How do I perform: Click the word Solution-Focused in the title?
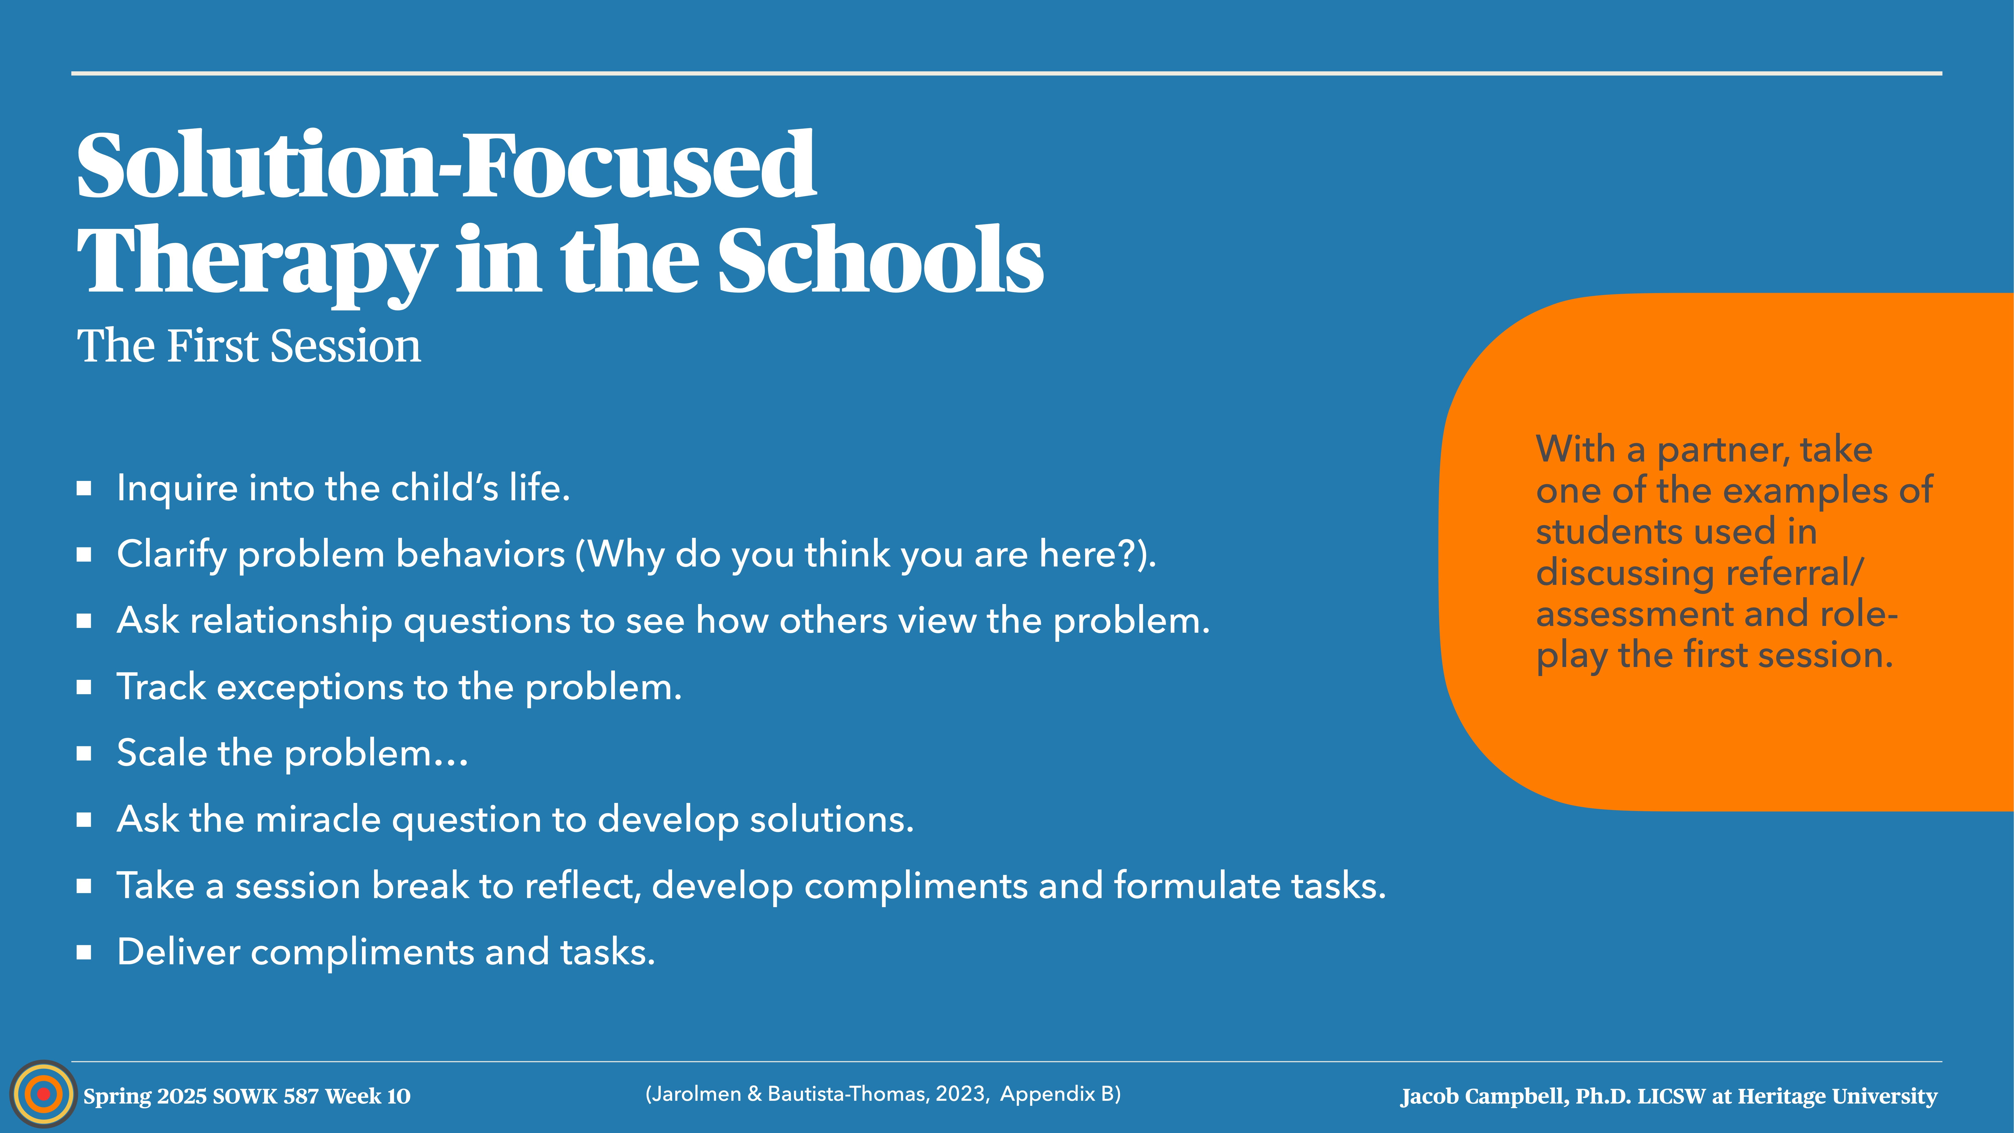(x=446, y=166)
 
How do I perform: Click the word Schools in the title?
(x=880, y=260)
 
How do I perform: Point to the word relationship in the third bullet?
(x=291, y=621)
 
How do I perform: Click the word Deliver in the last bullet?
(x=178, y=952)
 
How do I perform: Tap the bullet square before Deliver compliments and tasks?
(x=84, y=952)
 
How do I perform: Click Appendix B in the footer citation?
(x=1059, y=1094)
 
